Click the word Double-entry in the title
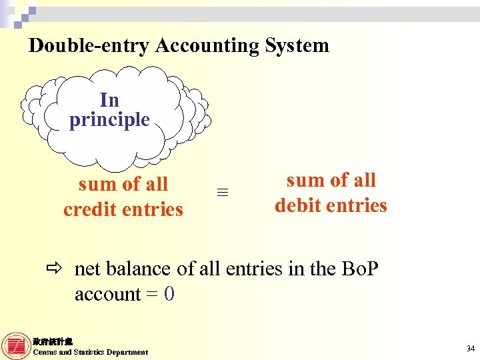[89, 45]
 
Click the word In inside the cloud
[109, 100]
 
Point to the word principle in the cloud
[109, 120]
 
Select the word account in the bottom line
[107, 294]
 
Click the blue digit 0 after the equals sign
[169, 294]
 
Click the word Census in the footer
[45, 352]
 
